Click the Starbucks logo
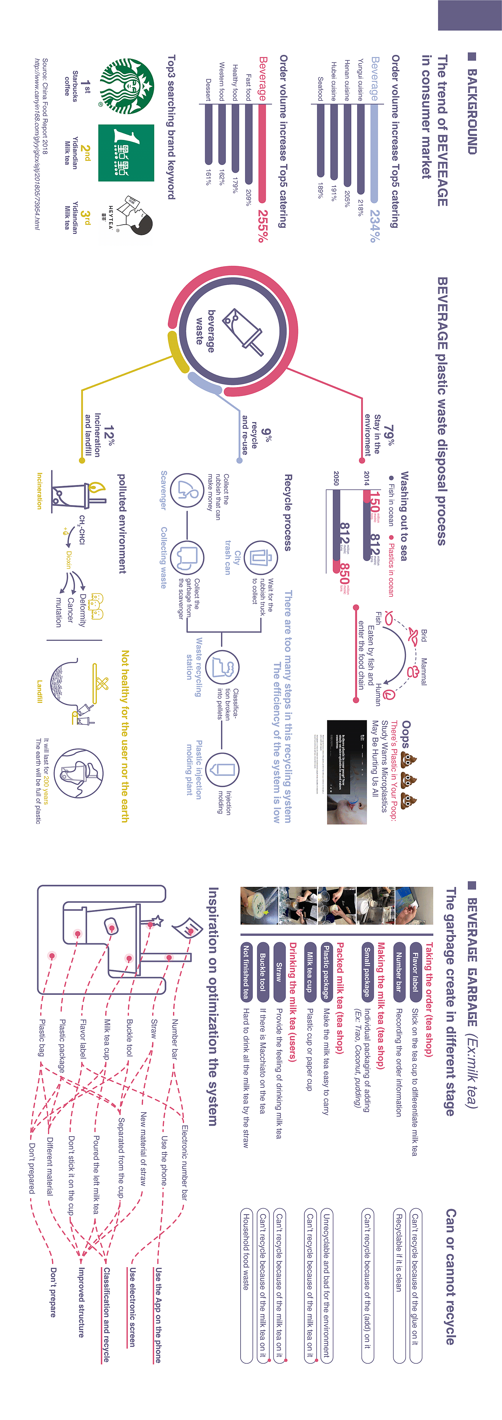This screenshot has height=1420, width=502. [x=126, y=86]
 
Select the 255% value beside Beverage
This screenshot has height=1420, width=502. [x=263, y=226]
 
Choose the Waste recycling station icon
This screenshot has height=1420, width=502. [x=223, y=667]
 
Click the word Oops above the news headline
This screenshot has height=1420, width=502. [x=406, y=734]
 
